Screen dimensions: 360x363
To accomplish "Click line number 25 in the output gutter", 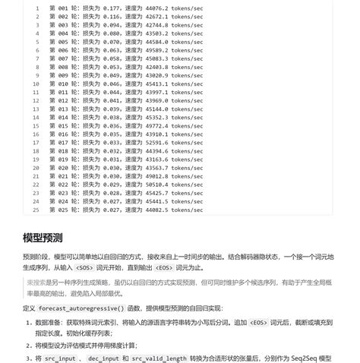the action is click(36, 210).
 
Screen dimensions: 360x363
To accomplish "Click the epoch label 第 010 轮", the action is click(63, 84).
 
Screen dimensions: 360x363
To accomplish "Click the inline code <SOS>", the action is click(84, 267).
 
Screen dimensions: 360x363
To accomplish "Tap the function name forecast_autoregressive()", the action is click(81, 308).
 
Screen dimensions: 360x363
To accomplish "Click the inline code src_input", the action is click(61, 358).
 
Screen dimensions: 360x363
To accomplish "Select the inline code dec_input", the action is click(103, 358).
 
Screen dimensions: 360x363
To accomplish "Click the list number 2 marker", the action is click(28, 346).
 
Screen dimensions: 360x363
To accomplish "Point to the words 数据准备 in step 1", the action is click(47, 322).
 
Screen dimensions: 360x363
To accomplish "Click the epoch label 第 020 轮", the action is click(63, 168).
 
